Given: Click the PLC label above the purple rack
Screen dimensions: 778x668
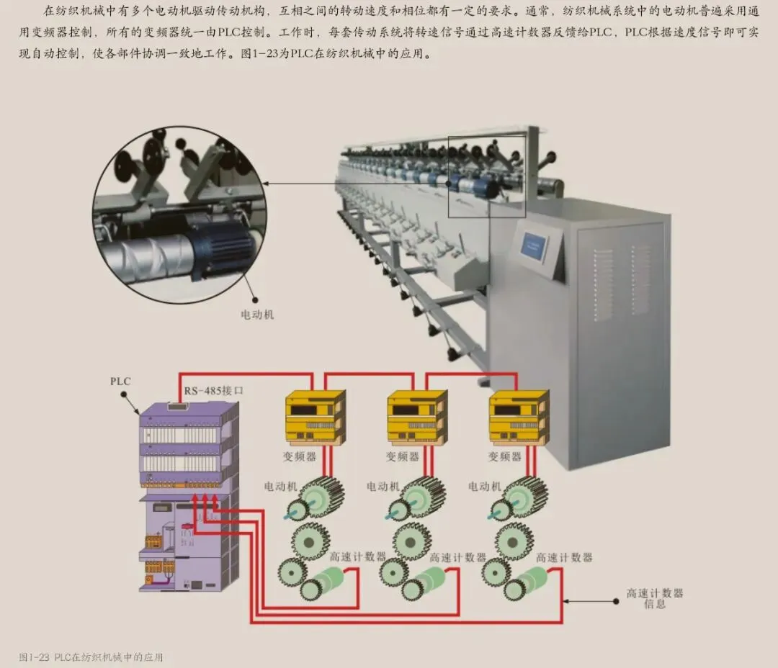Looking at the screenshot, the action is (x=121, y=381).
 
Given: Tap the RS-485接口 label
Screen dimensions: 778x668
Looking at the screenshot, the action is (x=214, y=391).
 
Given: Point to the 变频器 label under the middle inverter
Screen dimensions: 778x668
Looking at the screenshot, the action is (x=403, y=456).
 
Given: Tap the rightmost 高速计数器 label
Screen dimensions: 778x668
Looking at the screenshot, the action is (x=564, y=557).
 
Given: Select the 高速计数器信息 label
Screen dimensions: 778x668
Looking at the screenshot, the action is (x=654, y=599).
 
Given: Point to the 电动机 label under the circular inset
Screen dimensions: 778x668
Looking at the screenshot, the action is (x=257, y=315).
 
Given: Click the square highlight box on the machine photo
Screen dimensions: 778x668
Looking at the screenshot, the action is (x=487, y=176).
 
